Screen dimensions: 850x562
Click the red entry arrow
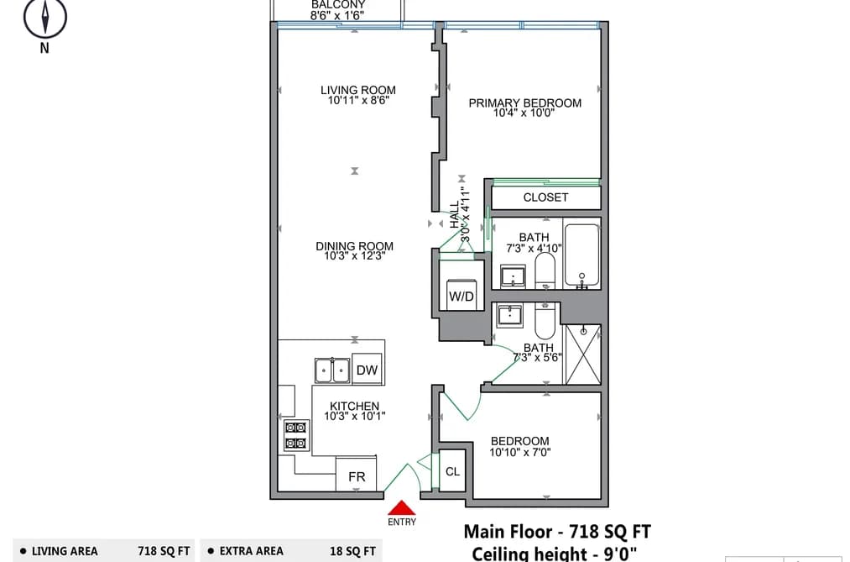(402, 507)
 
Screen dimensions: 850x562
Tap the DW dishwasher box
(367, 370)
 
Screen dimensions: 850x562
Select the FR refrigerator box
(356, 475)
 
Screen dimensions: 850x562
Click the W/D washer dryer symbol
(462, 295)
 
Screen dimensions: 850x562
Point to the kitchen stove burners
(296, 436)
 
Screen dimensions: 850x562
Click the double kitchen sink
(332, 371)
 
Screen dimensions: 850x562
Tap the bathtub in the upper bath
(581, 255)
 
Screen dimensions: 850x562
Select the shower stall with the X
(582, 355)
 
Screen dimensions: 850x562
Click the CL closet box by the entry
(452, 471)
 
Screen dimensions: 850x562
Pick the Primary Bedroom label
(524, 102)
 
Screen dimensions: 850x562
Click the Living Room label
(357, 90)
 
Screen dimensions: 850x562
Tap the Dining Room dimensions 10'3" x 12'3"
(355, 256)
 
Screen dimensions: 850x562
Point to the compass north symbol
(45, 18)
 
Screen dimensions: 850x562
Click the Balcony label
(337, 4)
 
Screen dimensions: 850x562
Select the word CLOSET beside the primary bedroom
(545, 197)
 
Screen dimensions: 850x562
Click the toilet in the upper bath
(545, 270)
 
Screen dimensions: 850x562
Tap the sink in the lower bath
(509, 315)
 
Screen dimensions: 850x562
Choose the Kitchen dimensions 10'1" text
(355, 416)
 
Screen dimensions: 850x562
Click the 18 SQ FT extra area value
(352, 551)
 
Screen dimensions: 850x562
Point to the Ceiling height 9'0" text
(554, 554)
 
